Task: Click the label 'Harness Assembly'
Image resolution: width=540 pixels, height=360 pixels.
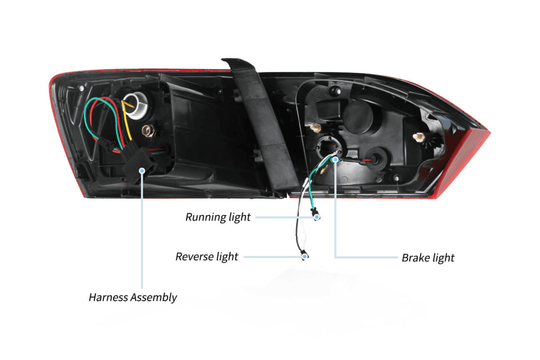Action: pos(133,297)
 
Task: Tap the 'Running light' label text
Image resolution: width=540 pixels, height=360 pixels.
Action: pos(218,217)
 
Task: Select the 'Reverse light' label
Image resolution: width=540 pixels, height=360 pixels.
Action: pos(206,257)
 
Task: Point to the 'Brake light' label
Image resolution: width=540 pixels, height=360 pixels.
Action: pos(428,258)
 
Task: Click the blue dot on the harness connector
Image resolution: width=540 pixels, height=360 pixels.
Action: pos(142,170)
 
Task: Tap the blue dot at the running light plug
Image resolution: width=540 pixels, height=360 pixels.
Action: pos(317,217)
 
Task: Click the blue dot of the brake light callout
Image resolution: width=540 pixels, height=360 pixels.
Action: pos(334,158)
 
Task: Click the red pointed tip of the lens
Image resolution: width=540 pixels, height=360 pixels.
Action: pos(488,132)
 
